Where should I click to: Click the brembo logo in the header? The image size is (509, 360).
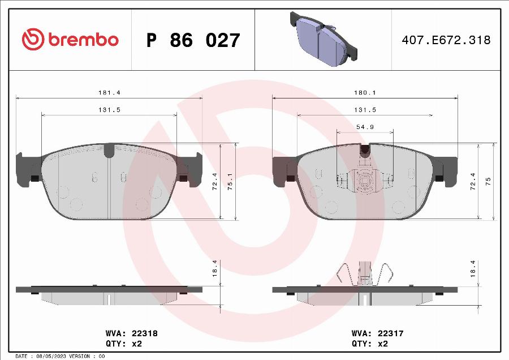pyautogui.click(x=70, y=40)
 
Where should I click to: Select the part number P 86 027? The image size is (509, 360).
pyautogui.click(x=193, y=40)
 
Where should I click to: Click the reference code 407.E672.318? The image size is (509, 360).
pyautogui.click(x=446, y=40)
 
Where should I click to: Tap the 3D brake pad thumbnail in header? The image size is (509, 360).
pyautogui.click(x=323, y=38)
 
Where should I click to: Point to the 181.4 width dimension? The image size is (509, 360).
pyautogui.click(x=109, y=92)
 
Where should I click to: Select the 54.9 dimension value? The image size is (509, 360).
pyautogui.click(x=365, y=127)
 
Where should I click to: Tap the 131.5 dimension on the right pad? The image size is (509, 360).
pyautogui.click(x=365, y=110)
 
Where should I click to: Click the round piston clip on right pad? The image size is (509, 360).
pyautogui.click(x=365, y=181)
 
